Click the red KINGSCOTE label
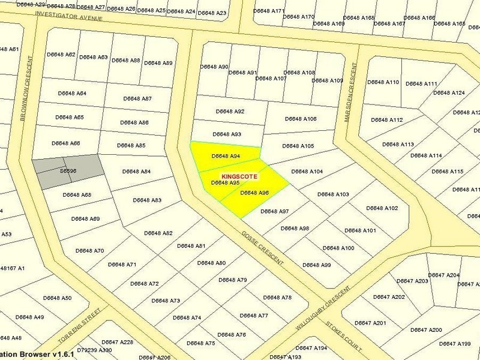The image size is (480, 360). coord(239,176)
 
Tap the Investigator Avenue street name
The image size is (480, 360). coord(69,18)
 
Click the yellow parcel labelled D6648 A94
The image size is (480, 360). coord(226,156)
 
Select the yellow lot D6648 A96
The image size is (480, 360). coord(254,193)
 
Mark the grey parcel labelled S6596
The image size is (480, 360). coord(68,170)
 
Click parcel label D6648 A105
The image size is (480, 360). coord(298,146)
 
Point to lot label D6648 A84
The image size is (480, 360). coord(136,172)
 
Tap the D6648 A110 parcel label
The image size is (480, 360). coord(383,82)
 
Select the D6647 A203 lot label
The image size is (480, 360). coord(413,281)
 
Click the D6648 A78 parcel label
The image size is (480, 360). coord(277,298)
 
